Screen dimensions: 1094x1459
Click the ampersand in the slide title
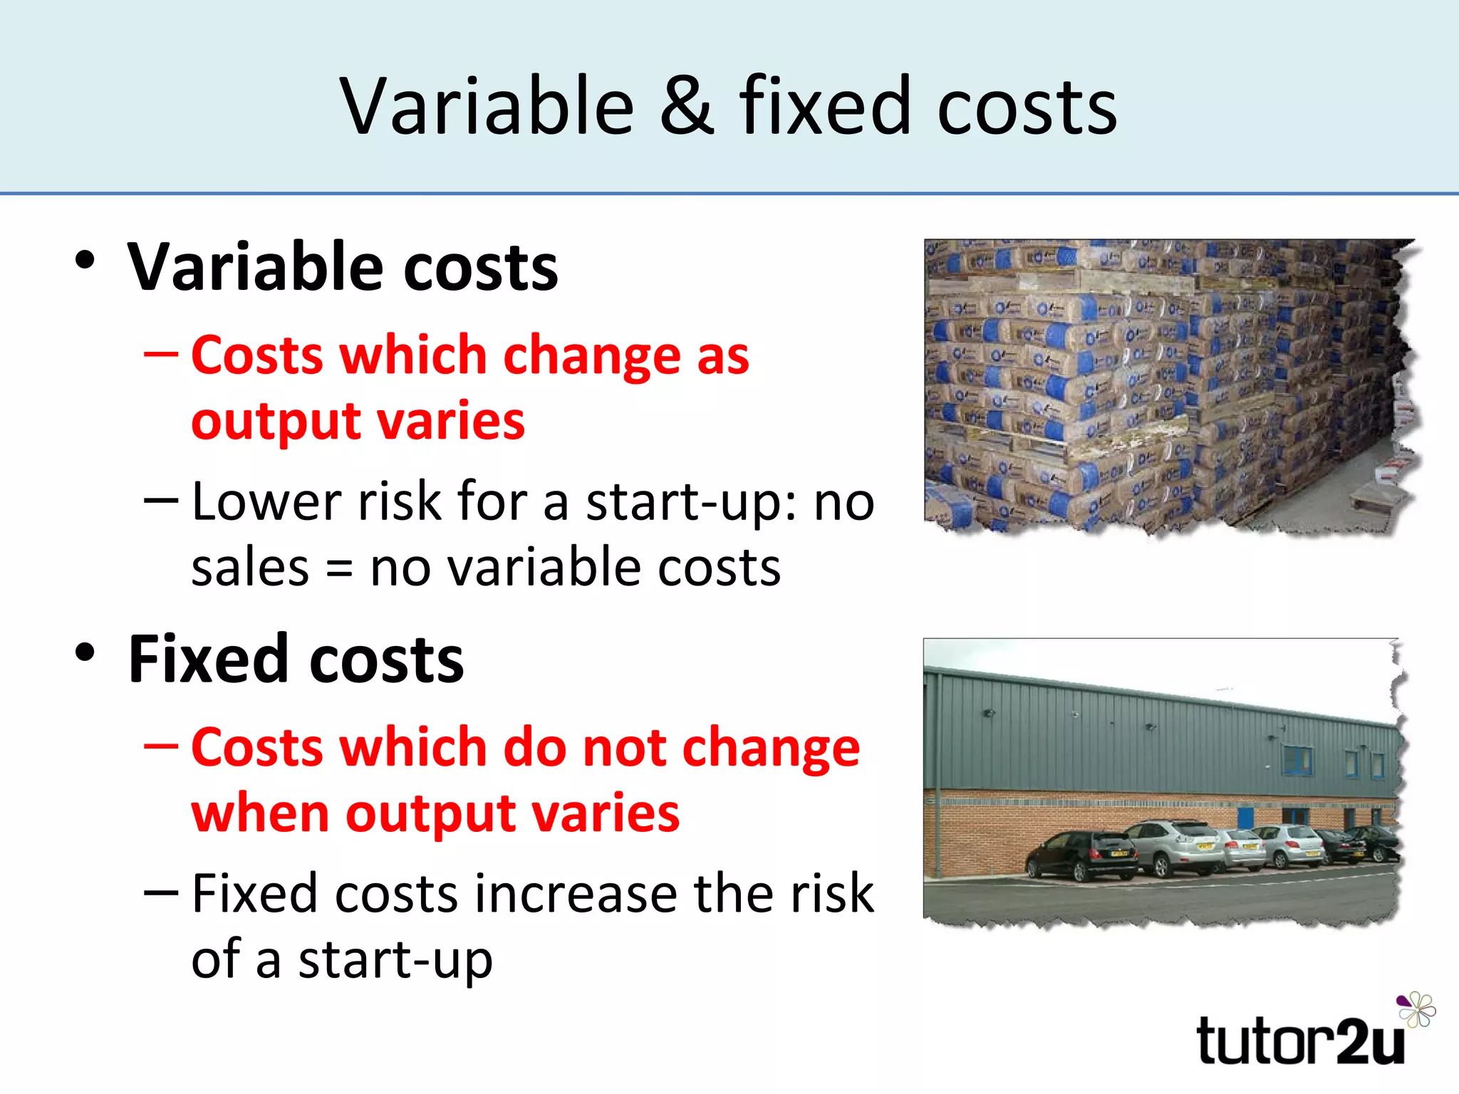(x=686, y=107)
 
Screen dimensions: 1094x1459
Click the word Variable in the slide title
(x=487, y=107)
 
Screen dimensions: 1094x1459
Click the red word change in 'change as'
(x=592, y=355)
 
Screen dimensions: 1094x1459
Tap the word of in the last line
(x=217, y=959)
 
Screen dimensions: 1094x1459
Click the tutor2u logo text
(x=1300, y=1041)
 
